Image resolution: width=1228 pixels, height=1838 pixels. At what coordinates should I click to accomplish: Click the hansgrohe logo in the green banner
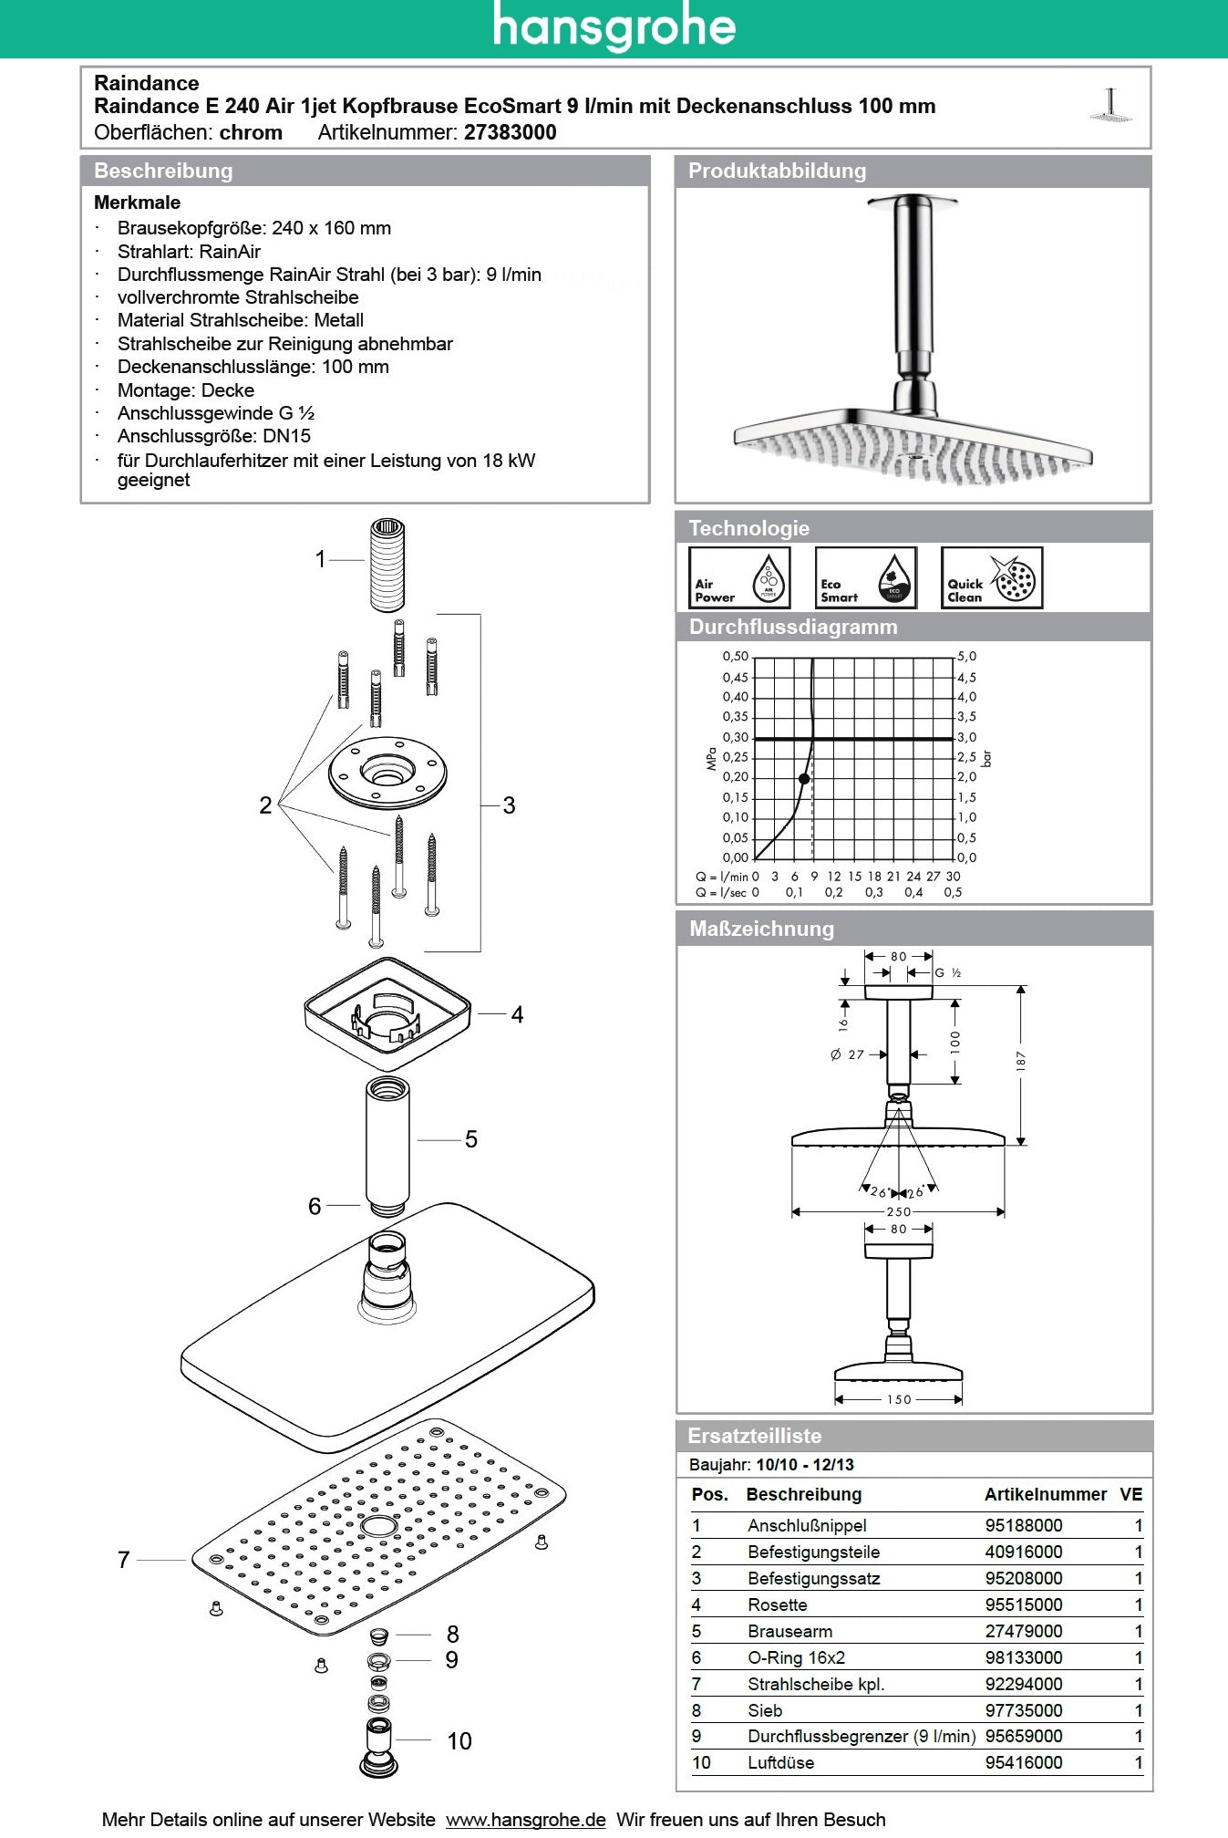pyautogui.click(x=614, y=27)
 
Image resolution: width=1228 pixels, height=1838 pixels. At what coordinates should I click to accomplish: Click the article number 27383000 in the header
pyautogui.click(x=510, y=132)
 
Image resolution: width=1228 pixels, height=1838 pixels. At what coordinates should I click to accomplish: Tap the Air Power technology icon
pyautogui.click(x=739, y=577)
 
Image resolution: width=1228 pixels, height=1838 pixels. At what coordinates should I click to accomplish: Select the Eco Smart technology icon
pyautogui.click(x=865, y=577)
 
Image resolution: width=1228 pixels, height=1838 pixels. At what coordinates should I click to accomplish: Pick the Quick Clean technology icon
pyautogui.click(x=991, y=577)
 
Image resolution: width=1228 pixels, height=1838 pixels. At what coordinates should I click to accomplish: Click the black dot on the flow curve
pyautogui.click(x=804, y=779)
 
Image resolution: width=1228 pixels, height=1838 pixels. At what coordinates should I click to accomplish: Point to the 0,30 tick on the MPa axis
pyautogui.click(x=735, y=737)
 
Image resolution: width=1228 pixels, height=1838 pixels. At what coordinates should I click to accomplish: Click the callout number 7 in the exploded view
pyautogui.click(x=124, y=1560)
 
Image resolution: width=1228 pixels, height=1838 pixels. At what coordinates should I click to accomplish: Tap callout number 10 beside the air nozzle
pyautogui.click(x=459, y=1741)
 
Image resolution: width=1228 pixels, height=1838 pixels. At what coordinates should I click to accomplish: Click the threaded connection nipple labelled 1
pyautogui.click(x=387, y=565)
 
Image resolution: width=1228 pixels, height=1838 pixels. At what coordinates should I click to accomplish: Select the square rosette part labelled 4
pyautogui.click(x=387, y=1013)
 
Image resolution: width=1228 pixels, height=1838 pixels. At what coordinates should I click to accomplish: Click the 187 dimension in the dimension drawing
pyautogui.click(x=1021, y=1060)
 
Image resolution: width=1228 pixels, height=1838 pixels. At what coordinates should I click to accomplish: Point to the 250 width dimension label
pyautogui.click(x=898, y=1211)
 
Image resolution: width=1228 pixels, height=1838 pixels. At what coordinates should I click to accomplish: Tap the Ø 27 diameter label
pyautogui.click(x=847, y=1054)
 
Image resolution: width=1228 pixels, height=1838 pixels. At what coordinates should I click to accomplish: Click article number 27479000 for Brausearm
pyautogui.click(x=1023, y=1631)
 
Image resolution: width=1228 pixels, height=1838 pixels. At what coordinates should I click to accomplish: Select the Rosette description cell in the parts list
pyautogui.click(x=778, y=1604)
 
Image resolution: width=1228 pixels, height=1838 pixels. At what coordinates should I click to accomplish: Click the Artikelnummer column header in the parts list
pyautogui.click(x=1045, y=1494)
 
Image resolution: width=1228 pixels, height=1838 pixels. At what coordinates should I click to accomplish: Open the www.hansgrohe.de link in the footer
pyautogui.click(x=525, y=1820)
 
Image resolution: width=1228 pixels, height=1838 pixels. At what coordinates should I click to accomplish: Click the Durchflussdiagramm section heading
pyautogui.click(x=793, y=627)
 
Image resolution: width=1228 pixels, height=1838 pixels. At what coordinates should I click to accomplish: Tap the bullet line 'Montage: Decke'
pyautogui.click(x=185, y=390)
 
